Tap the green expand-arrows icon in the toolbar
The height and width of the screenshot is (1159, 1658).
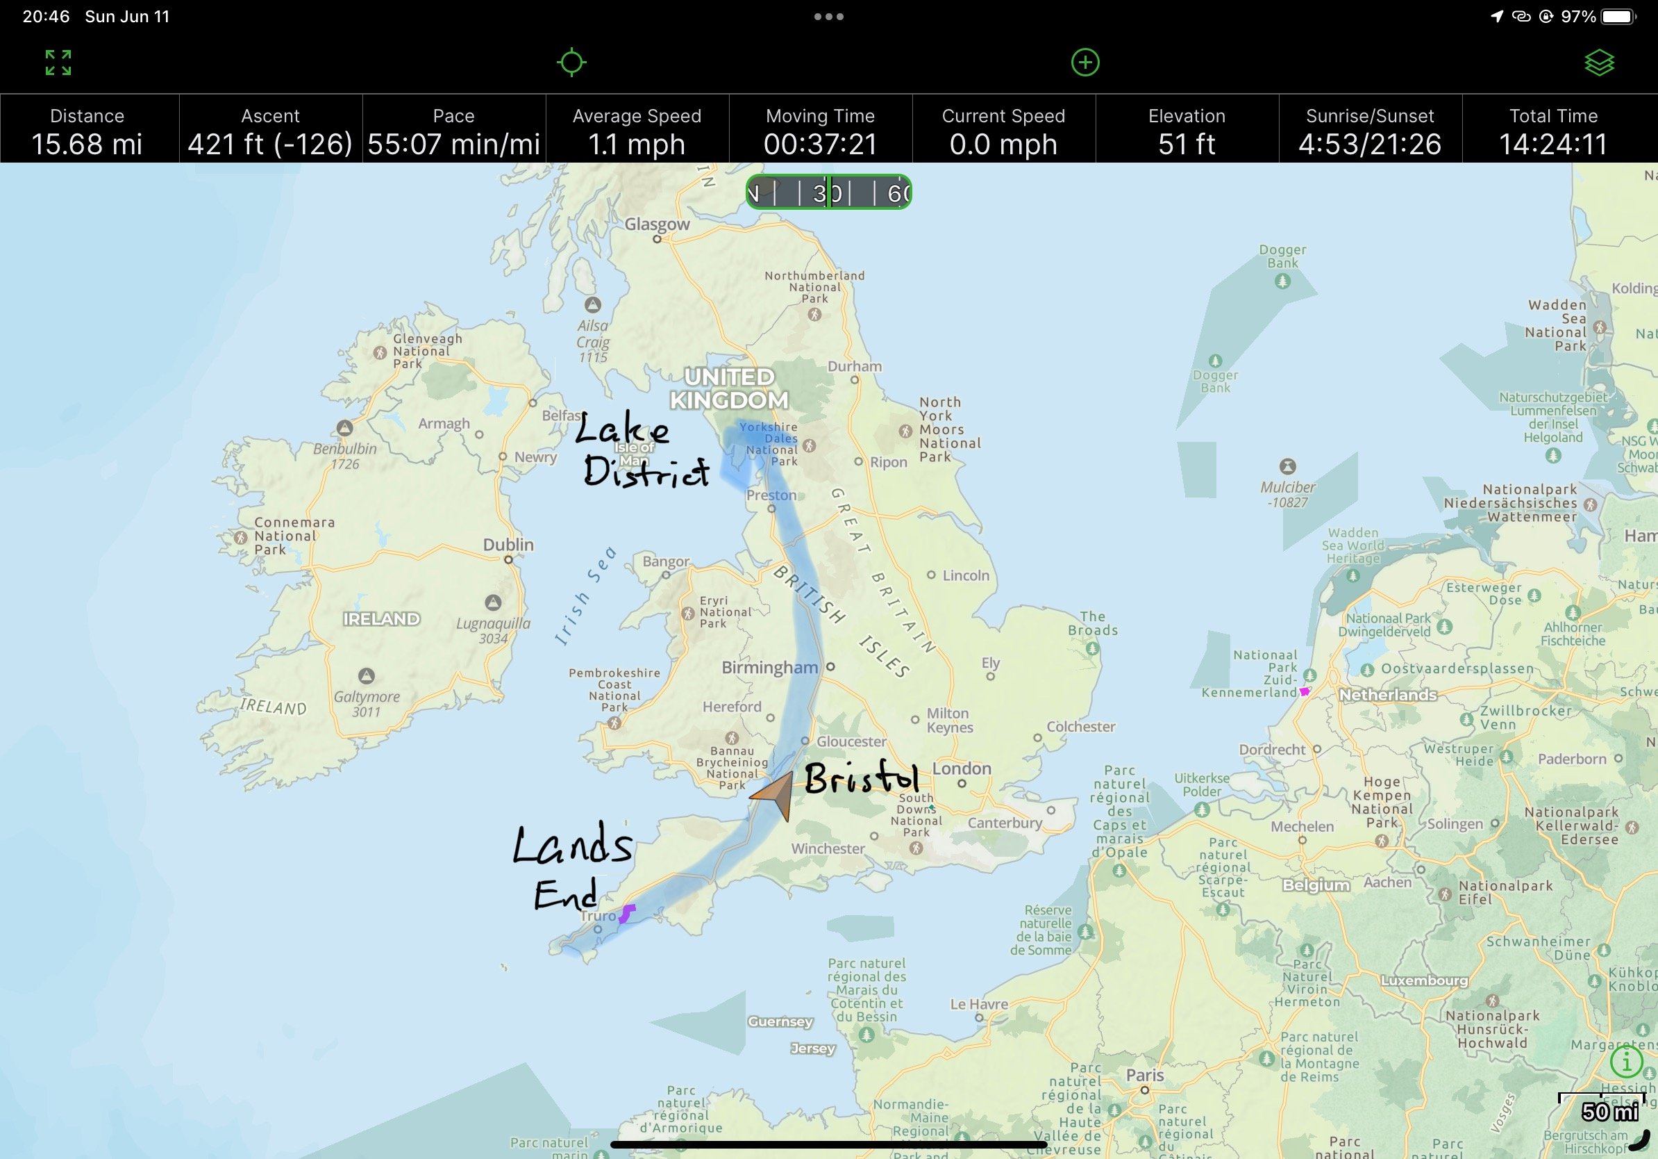pos(58,63)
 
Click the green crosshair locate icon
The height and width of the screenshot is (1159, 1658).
pos(571,63)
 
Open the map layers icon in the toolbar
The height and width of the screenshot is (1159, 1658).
pos(1599,63)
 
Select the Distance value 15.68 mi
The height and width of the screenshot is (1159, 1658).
pos(87,144)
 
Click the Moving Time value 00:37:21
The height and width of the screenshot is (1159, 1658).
pos(821,144)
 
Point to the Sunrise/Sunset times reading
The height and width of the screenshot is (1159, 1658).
pos(1370,144)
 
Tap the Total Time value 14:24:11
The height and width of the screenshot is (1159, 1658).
pos(1553,144)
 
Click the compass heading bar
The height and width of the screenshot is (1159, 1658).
pos(828,192)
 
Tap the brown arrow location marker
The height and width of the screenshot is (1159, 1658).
pos(775,794)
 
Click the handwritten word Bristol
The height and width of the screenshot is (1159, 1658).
pos(861,779)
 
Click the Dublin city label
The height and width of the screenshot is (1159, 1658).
pos(508,545)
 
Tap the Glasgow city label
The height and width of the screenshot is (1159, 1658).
pos(656,224)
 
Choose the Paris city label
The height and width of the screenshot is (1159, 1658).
pos(1145,1076)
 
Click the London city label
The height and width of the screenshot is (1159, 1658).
pos(961,768)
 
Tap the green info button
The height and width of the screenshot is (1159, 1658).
pos(1626,1062)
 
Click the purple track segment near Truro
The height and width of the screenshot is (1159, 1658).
pos(627,913)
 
